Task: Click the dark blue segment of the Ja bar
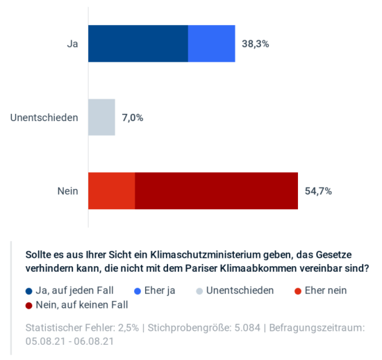pyautogui.click(x=138, y=44)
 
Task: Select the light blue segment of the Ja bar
pyautogui.click(x=212, y=44)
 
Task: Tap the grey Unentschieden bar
pyautogui.click(x=101, y=117)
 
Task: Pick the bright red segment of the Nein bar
pyautogui.click(x=111, y=190)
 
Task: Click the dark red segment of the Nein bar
pyautogui.click(x=216, y=190)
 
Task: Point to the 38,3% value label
pyautogui.click(x=256, y=44)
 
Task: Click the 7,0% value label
pyautogui.click(x=133, y=117)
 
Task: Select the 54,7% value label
pyautogui.click(x=318, y=190)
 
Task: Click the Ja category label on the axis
pyautogui.click(x=72, y=44)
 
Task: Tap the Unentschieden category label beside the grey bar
pyautogui.click(x=44, y=117)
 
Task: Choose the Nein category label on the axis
pyautogui.click(x=67, y=190)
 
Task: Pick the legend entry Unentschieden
pyautogui.click(x=240, y=291)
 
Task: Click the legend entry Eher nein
pyautogui.click(x=324, y=291)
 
